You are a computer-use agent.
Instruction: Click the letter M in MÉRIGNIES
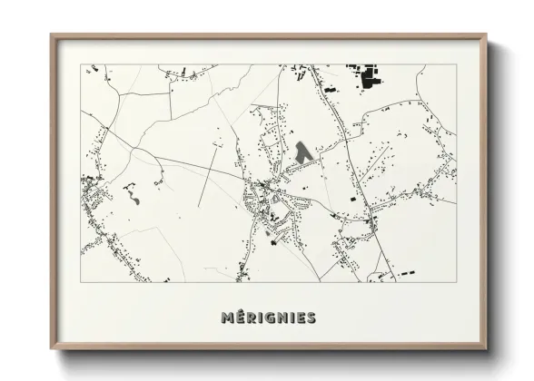227,317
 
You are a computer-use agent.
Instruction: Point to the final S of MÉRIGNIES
311,317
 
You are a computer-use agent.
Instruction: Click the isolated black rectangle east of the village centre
353,198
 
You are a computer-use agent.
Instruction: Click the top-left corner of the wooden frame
52,35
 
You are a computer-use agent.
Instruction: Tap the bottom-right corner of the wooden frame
487,349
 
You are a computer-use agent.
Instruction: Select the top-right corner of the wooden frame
487,35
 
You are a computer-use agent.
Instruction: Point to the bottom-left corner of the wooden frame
52,349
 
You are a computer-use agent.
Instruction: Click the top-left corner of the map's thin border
81,65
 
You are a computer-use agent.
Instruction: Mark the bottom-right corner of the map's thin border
456,281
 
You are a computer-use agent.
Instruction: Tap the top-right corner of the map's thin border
456,65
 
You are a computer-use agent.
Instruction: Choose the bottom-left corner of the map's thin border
81,281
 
